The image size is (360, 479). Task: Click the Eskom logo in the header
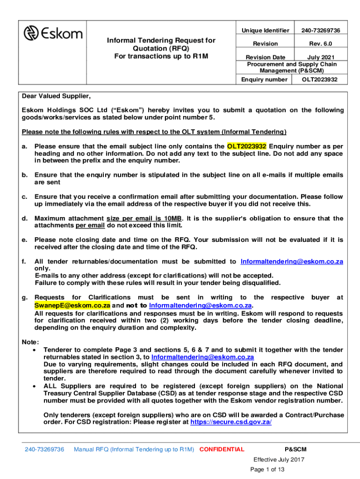coord(53,33)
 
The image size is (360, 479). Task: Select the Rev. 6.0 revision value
coord(320,44)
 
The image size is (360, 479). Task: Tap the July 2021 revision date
coord(320,57)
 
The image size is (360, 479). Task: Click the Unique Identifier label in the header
coord(265,30)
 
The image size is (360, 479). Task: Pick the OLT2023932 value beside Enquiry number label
coord(319,80)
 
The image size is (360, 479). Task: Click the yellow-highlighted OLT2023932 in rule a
coord(247,146)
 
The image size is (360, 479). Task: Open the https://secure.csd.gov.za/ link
coord(231,421)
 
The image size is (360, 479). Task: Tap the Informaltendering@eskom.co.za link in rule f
coord(292,261)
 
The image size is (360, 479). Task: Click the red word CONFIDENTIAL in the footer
coord(222,450)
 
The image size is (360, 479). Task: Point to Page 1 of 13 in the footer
coord(267,470)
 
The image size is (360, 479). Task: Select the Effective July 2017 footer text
coord(279,459)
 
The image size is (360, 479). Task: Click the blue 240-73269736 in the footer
coord(44,450)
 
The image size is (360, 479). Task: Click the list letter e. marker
coord(24,240)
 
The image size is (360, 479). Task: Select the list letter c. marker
coord(24,197)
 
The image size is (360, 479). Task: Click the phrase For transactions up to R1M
coord(161,57)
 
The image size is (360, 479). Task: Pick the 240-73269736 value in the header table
coord(320,30)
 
